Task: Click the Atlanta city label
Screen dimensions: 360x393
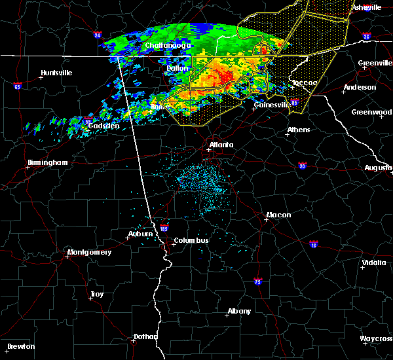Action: [x=221, y=145]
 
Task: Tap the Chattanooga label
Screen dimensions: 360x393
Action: [x=168, y=45]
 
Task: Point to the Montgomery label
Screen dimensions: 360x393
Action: [x=90, y=252]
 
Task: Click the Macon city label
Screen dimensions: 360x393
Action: [x=278, y=215]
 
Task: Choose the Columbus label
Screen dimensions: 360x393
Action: [x=191, y=240]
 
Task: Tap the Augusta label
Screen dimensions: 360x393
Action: [x=378, y=168]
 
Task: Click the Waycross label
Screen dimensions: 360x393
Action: [x=376, y=338]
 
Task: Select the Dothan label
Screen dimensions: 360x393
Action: [x=145, y=336]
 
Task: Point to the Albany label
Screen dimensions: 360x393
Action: [x=238, y=311]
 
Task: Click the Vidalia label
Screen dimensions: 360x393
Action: [x=373, y=263]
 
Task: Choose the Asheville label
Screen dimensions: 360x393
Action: [x=367, y=7]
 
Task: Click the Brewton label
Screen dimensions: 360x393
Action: [x=21, y=346]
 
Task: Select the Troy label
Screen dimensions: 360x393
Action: [x=97, y=295]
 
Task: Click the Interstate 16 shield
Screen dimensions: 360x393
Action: [x=314, y=243]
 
